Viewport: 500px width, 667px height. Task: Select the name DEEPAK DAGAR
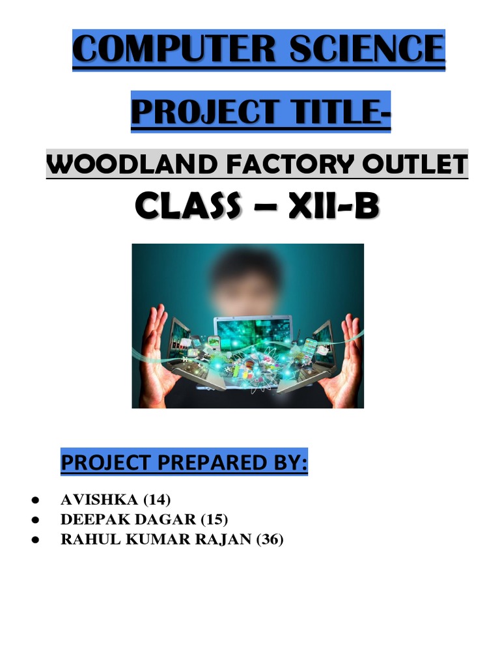[128, 520]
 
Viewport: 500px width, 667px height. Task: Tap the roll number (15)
[214, 520]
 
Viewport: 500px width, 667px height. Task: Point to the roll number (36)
[270, 539]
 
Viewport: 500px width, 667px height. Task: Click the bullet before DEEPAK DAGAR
[35, 520]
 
